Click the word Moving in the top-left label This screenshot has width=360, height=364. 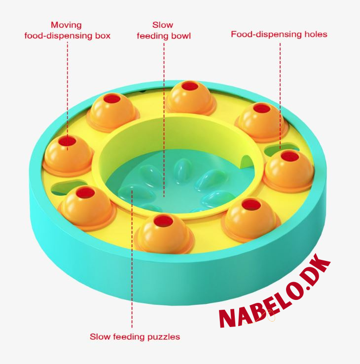[66, 25]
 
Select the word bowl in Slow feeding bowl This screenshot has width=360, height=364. [181, 36]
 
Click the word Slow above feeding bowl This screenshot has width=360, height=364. [163, 25]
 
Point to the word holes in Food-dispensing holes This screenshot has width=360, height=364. [316, 34]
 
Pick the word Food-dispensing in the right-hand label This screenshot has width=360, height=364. [266, 35]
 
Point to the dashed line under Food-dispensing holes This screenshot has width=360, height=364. [280, 96]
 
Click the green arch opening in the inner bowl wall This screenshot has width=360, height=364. [247, 162]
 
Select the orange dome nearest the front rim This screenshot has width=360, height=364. [164, 234]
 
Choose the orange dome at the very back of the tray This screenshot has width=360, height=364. [190, 98]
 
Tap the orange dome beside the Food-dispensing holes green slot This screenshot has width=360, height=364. [289, 171]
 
